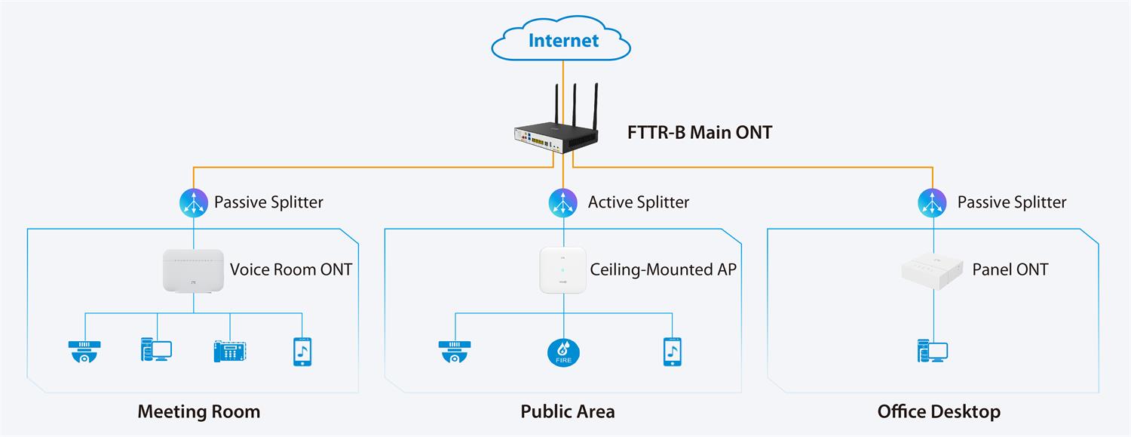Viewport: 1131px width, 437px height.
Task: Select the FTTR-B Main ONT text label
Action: tap(700, 133)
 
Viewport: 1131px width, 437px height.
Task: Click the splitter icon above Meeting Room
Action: tap(194, 202)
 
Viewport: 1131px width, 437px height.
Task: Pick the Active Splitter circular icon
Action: tap(563, 202)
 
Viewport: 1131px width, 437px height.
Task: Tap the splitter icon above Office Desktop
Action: tap(933, 202)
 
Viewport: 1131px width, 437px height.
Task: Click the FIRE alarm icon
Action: tap(563, 352)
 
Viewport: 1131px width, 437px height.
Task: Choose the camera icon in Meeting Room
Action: tap(84, 352)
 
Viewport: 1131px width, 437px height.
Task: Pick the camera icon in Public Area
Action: tap(455, 352)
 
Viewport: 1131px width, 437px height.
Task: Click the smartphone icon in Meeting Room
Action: tap(302, 352)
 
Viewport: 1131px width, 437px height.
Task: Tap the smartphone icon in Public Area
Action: tap(673, 352)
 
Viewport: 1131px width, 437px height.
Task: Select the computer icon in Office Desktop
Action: tap(933, 352)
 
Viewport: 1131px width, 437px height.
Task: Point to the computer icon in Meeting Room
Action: tap(156, 350)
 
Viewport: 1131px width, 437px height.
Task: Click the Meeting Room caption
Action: tap(198, 411)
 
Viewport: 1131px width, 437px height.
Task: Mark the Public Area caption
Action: tap(568, 411)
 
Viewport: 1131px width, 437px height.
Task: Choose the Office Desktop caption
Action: tap(939, 411)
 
